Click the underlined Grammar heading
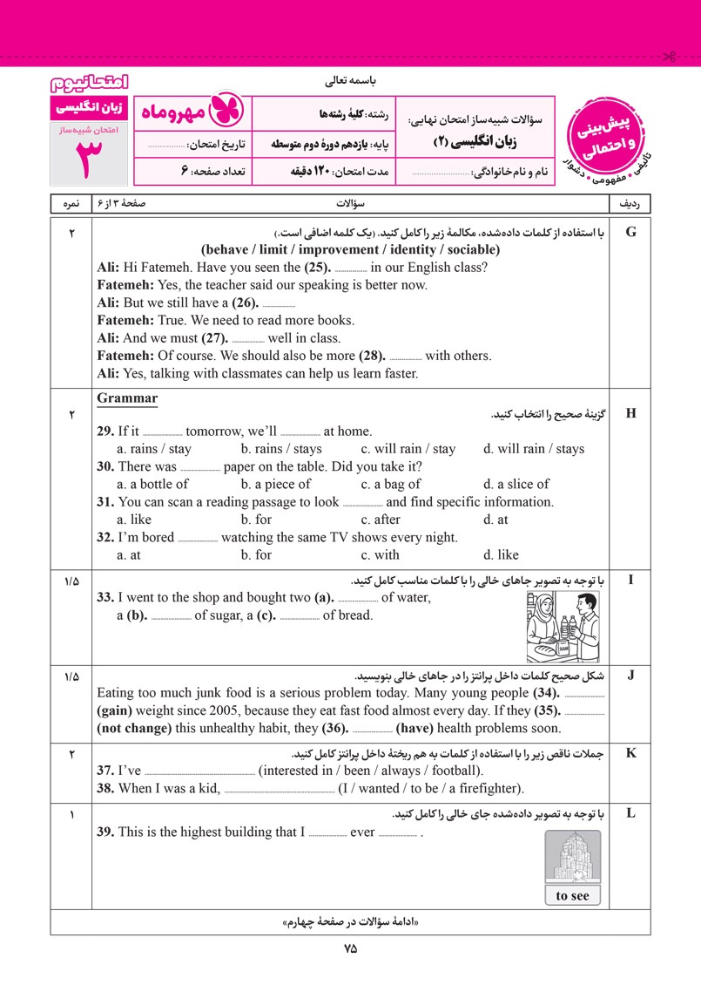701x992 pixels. pos(127,398)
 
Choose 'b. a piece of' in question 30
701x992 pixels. pos(275,484)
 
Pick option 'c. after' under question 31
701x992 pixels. pos(387,520)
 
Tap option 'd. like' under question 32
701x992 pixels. pos(501,554)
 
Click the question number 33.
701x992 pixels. pos(104,597)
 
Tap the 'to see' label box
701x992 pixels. pos(572,895)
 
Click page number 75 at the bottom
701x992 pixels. pos(350,949)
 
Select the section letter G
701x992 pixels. pos(631,231)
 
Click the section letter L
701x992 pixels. pos(631,814)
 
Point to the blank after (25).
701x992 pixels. pos(351,268)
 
